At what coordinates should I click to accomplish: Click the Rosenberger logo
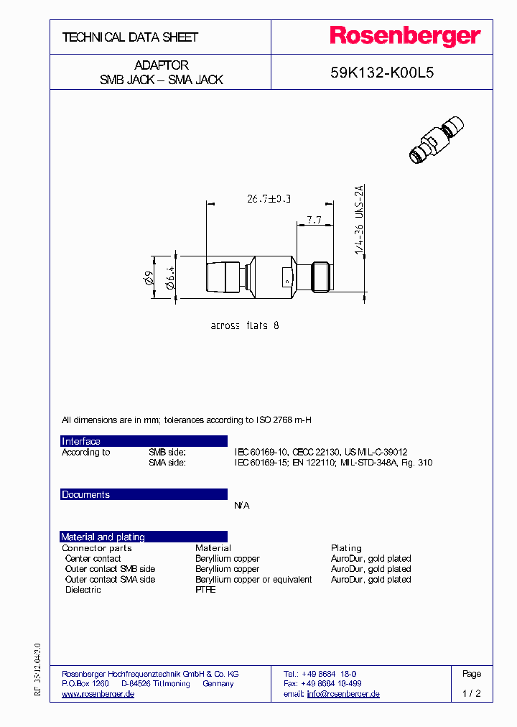[x=405, y=37]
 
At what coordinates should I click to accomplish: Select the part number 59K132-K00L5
[x=381, y=73]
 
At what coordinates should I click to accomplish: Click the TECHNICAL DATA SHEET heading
[x=130, y=37]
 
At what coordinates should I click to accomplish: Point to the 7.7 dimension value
[x=315, y=218]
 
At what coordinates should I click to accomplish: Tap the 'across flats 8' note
[x=245, y=325]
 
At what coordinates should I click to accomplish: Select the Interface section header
[x=81, y=441]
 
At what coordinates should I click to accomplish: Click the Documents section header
[x=86, y=494]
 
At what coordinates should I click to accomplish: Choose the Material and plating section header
[x=103, y=537]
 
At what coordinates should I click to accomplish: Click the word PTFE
[x=205, y=589]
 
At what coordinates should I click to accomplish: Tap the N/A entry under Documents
[x=242, y=506]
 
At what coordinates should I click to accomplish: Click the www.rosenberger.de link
[x=98, y=694]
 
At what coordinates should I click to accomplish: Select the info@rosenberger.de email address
[x=343, y=694]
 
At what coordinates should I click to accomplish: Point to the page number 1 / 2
[x=472, y=694]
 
